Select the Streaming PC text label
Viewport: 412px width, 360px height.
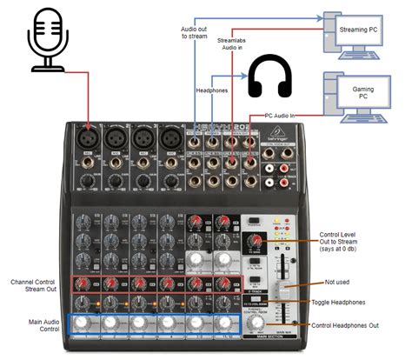point(356,30)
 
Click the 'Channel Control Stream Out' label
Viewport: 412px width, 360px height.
point(34,286)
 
